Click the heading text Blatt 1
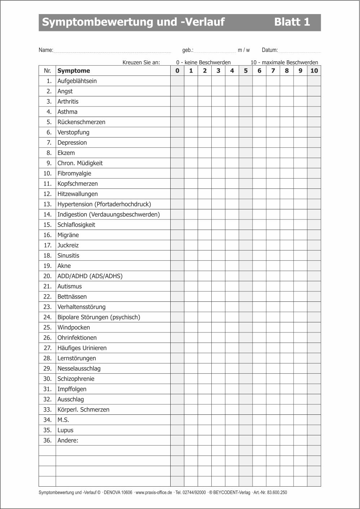click(292, 22)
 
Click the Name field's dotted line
click(112, 51)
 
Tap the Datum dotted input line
click(299, 51)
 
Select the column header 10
click(314, 71)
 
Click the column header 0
click(177, 71)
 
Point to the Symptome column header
click(74, 71)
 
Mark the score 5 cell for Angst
click(246, 91)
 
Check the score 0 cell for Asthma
click(177, 112)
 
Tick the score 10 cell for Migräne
click(314, 235)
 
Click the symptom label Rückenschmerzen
click(81, 122)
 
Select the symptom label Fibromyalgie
click(74, 173)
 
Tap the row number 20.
click(48, 276)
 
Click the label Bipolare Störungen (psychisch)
click(98, 317)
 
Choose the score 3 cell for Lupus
click(218, 430)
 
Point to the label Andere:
click(68, 440)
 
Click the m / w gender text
click(244, 50)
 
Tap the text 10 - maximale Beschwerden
click(284, 62)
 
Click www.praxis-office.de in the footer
click(154, 492)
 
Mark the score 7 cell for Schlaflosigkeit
click(273, 225)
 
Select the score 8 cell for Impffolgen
click(287, 389)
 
